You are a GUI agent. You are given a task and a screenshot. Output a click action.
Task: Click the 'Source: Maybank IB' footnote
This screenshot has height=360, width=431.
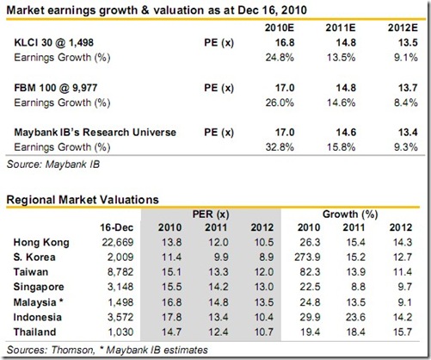click(x=51, y=162)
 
